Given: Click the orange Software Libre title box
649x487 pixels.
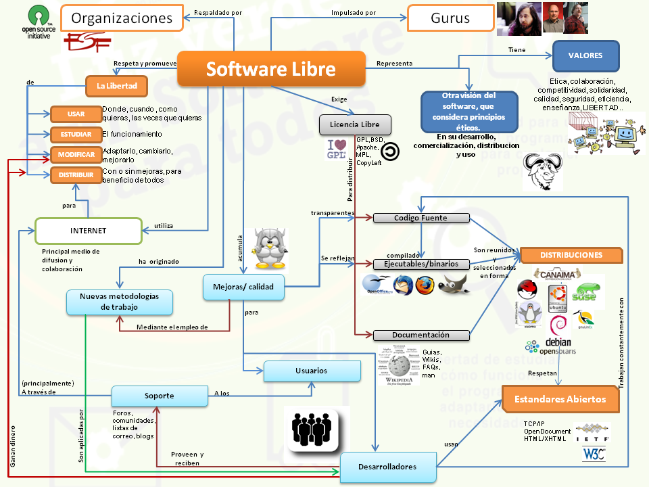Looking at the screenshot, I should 271,69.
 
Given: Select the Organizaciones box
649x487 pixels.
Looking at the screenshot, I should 122,18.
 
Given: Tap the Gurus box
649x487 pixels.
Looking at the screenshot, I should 450,18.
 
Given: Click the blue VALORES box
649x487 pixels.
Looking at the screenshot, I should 585,56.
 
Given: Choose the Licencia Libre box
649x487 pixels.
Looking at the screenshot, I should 354,124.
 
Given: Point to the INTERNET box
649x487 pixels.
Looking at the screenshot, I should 88,231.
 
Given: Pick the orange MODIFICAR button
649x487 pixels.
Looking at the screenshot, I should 76,154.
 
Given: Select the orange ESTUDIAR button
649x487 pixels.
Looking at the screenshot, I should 76,134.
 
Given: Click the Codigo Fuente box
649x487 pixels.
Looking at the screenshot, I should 421,218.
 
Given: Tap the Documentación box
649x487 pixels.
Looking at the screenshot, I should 420,335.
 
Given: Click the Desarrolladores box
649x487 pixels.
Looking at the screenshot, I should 388,466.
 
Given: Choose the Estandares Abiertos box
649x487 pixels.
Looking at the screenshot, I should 560,398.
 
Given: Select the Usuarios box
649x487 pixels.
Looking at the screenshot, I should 311,371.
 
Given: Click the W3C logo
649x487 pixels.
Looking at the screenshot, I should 594,454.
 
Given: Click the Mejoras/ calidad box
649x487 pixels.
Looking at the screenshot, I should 243,287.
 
